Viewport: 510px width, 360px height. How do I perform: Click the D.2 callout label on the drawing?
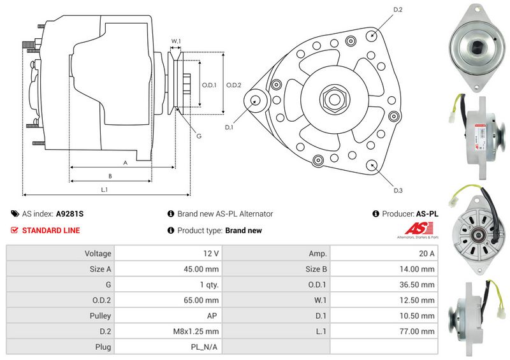[398, 10]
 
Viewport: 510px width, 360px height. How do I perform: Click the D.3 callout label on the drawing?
[398, 190]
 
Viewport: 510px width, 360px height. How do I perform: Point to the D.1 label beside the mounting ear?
[229, 127]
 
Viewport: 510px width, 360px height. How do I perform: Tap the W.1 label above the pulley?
[176, 41]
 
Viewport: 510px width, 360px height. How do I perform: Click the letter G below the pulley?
[199, 136]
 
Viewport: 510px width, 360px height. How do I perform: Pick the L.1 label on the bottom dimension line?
[104, 189]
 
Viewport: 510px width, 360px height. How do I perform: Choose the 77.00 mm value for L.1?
[419, 331]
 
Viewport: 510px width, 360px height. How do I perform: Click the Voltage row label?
[98, 253]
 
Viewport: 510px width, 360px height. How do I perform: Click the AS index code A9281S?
[70, 214]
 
